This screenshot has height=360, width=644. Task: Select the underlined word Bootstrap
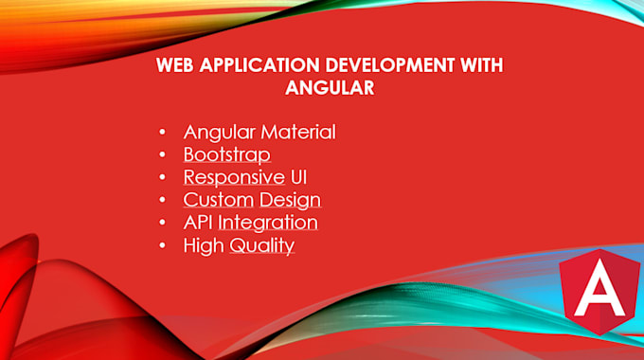coord(226,154)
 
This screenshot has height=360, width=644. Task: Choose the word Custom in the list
coord(218,200)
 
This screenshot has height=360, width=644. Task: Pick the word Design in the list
coord(290,200)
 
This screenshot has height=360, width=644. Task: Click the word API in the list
coord(198,223)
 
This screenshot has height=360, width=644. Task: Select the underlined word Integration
coord(268,223)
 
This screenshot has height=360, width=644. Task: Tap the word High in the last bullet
coord(202,245)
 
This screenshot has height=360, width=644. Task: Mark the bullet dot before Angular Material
coord(162,133)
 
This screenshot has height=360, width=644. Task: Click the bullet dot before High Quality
coord(162,246)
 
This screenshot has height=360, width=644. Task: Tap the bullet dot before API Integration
coord(162,224)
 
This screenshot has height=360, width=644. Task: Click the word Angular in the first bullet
coord(216,132)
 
